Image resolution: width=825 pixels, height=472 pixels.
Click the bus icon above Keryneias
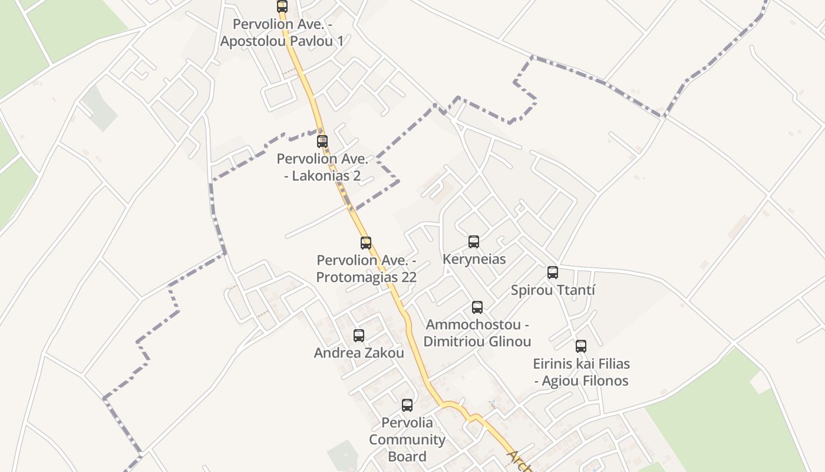click(x=474, y=242)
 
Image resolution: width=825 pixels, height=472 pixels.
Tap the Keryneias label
click(x=474, y=259)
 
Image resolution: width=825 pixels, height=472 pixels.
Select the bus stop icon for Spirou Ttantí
click(x=553, y=273)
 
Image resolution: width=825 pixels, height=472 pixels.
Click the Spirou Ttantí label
click(x=553, y=290)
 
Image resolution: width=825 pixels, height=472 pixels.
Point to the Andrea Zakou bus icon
click(x=359, y=336)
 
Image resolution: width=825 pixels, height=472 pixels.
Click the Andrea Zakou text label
click(x=359, y=353)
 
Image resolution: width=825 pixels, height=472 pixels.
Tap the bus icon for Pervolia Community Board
click(x=407, y=405)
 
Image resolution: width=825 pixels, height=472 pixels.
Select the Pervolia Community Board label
click(x=407, y=440)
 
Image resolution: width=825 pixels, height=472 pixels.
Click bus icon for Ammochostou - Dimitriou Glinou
click(x=477, y=307)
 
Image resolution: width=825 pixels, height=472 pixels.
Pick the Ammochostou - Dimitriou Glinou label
click(x=477, y=333)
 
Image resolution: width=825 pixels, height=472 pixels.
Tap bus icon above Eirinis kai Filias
click(x=581, y=346)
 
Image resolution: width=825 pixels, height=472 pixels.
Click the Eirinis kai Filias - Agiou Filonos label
click(x=581, y=372)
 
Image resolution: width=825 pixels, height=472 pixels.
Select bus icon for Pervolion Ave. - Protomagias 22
click(x=366, y=243)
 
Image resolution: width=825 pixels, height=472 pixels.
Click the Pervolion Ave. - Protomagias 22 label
click(x=366, y=268)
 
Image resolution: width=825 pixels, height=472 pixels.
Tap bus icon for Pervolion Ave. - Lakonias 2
click(x=322, y=142)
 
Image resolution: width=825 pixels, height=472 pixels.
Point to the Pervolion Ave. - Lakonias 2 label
click(x=322, y=167)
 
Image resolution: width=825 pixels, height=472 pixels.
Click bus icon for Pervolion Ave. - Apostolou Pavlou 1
click(x=282, y=7)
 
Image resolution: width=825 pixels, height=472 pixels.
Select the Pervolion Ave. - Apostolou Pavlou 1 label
click(x=282, y=32)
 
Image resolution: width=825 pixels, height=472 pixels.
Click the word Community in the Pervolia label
click(x=407, y=440)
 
